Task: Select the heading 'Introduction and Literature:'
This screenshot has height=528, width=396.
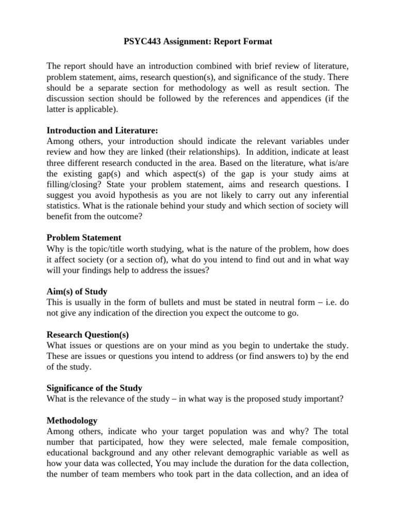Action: click(x=102, y=131)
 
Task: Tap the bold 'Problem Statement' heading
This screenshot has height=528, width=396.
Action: click(x=84, y=238)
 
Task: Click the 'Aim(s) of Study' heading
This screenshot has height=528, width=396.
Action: click(x=77, y=291)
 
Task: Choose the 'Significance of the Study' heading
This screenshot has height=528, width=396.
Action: click(x=94, y=388)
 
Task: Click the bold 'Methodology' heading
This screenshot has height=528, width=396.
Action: click(x=72, y=421)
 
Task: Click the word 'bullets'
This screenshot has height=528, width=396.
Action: click(x=170, y=302)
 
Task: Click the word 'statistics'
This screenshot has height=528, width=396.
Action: click(x=65, y=206)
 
